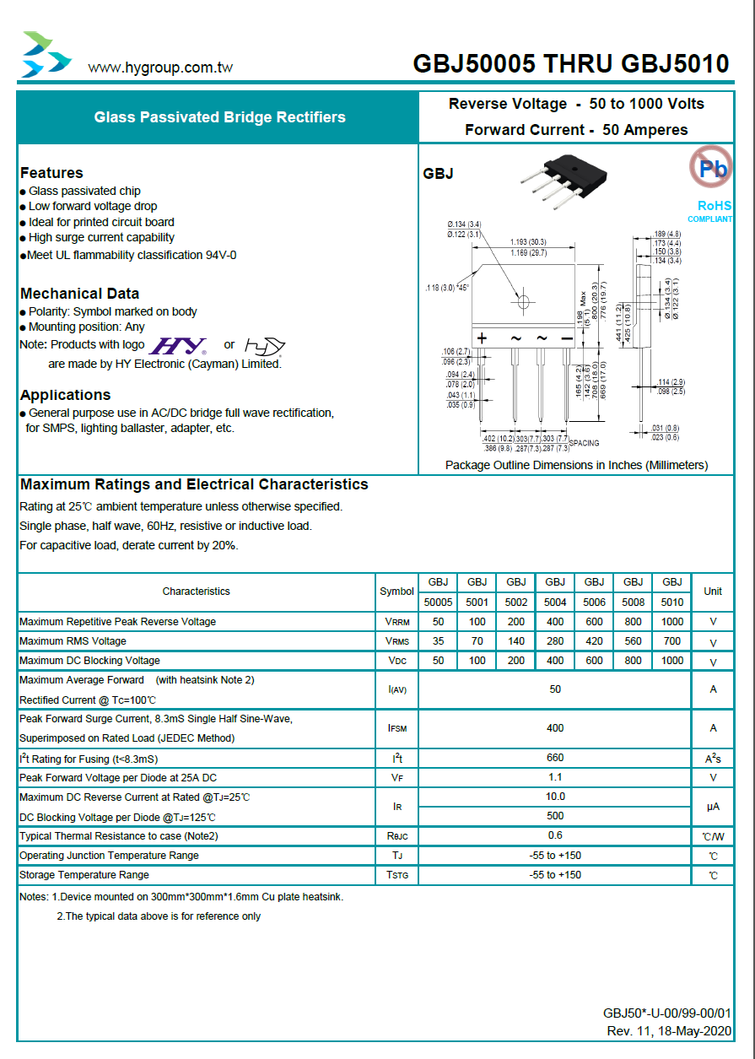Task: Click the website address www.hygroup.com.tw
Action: point(160,68)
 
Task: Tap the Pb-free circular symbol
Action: point(710,167)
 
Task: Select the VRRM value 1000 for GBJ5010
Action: point(672,622)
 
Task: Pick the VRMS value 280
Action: point(555,641)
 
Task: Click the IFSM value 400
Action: point(555,728)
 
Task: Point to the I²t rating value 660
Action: point(555,758)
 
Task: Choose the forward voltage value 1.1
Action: point(555,777)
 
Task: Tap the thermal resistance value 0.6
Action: point(555,835)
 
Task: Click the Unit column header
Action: point(713,592)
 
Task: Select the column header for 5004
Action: point(555,602)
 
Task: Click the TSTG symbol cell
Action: point(397,875)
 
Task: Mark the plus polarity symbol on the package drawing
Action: point(483,338)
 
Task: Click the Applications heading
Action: point(66,395)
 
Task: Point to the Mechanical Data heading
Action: point(80,294)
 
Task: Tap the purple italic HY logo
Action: point(178,346)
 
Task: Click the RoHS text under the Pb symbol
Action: point(715,206)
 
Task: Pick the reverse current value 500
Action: point(555,816)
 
